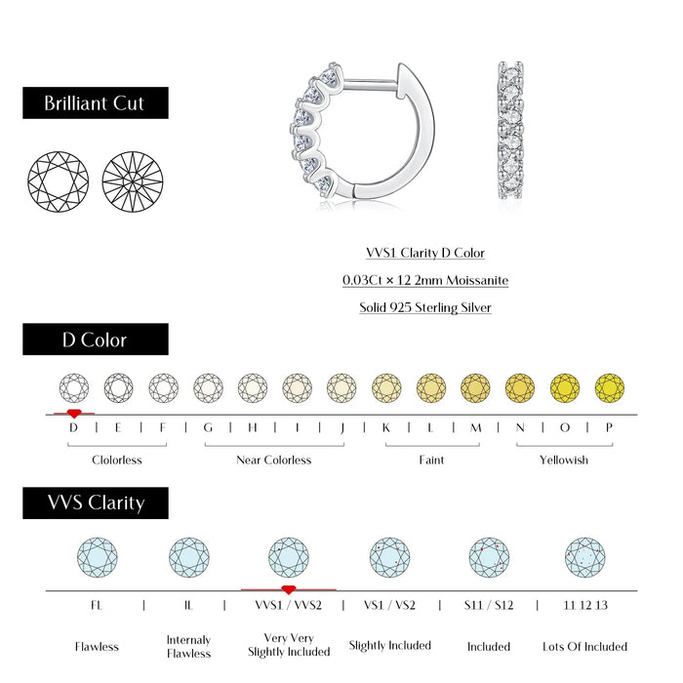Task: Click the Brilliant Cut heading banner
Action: (96, 103)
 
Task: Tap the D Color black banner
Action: (96, 340)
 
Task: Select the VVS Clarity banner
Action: (96, 503)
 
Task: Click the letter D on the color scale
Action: (73, 427)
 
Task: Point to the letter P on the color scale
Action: (610, 427)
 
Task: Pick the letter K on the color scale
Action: (386, 427)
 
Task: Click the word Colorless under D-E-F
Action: (117, 460)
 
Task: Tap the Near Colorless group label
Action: (274, 460)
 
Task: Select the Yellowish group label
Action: (564, 460)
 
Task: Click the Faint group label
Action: (431, 460)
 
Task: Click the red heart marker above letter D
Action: (73, 414)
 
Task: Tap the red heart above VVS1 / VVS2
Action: (288, 589)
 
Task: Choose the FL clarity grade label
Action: (97, 605)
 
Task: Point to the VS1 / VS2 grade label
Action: (389, 605)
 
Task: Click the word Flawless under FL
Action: (97, 646)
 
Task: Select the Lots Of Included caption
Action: (585, 646)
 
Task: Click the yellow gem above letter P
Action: (610, 387)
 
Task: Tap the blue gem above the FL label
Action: (97, 557)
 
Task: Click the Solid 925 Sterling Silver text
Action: (425, 307)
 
